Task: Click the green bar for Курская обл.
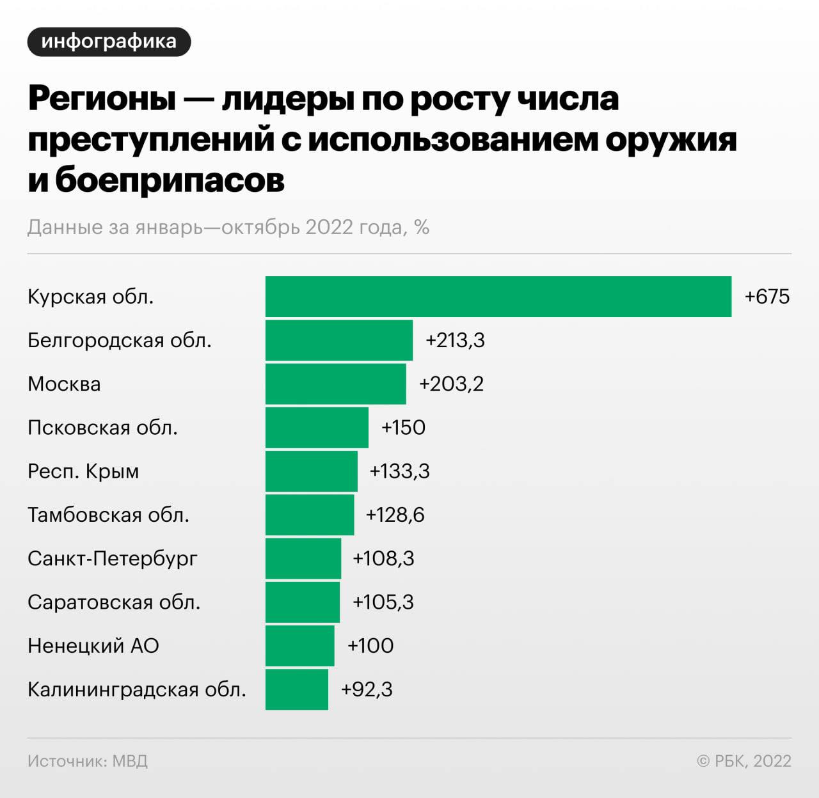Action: click(498, 297)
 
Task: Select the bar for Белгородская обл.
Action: click(339, 340)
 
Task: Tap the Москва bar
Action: click(335, 384)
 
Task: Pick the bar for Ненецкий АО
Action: click(299, 646)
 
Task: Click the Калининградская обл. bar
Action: click(297, 689)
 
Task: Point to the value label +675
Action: click(767, 297)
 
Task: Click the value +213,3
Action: click(455, 340)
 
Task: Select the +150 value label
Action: click(403, 427)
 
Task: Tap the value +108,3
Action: click(383, 558)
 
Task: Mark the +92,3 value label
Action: click(367, 689)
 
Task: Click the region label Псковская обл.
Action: click(102, 427)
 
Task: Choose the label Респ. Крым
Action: click(83, 471)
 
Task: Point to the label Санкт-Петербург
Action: click(113, 558)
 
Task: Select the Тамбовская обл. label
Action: click(108, 515)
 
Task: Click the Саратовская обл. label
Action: click(114, 602)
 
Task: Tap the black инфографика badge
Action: click(109, 42)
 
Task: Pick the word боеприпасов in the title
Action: click(170, 180)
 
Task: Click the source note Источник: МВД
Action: click(88, 761)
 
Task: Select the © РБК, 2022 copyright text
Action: click(743, 761)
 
